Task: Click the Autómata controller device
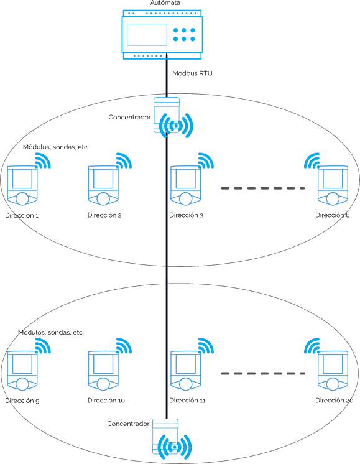click(x=162, y=35)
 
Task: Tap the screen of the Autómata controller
click(x=147, y=35)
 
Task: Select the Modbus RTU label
click(x=192, y=73)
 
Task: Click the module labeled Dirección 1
click(x=22, y=185)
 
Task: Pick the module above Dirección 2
click(x=103, y=185)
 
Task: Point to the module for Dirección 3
click(x=185, y=185)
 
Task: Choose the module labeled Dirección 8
click(x=333, y=185)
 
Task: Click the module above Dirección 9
click(x=22, y=371)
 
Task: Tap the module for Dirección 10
click(x=103, y=371)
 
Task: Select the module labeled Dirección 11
click(x=185, y=371)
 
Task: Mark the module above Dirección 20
click(x=333, y=371)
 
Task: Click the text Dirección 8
click(x=333, y=215)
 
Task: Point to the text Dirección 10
click(x=106, y=401)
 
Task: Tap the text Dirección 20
click(x=335, y=401)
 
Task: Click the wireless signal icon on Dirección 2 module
click(x=124, y=160)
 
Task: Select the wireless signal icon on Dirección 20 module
click(x=312, y=346)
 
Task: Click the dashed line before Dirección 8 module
click(x=263, y=188)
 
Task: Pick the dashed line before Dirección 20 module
click(x=263, y=373)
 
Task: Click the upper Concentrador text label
click(x=129, y=117)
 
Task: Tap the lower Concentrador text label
click(x=128, y=424)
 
